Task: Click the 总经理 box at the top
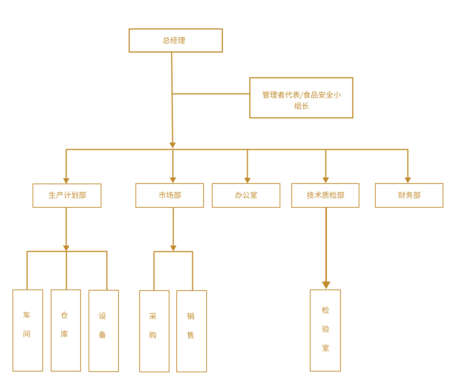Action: pyautogui.click(x=176, y=40)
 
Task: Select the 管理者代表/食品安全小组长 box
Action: pyautogui.click(x=301, y=98)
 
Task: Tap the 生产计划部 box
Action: pyautogui.click(x=67, y=196)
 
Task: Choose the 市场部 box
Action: pyautogui.click(x=169, y=196)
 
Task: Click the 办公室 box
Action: pyautogui.click(x=246, y=196)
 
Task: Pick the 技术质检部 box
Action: pyautogui.click(x=325, y=196)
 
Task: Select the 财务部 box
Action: pyautogui.click(x=409, y=196)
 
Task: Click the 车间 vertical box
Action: pyautogui.click(x=28, y=330)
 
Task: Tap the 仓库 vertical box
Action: pyautogui.click(x=66, y=330)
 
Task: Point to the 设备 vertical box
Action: pyautogui.click(x=104, y=331)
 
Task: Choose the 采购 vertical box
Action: pyautogui.click(x=154, y=331)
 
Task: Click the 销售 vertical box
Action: pyautogui.click(x=191, y=331)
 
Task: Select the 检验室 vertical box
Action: pyautogui.click(x=325, y=330)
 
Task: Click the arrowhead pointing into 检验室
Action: pyautogui.click(x=326, y=285)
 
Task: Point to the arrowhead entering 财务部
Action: pyautogui.click(x=408, y=180)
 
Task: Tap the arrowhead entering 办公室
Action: pyautogui.click(x=247, y=180)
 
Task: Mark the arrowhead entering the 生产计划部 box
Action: pyautogui.click(x=66, y=180)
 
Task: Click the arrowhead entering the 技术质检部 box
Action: pyautogui.click(x=326, y=180)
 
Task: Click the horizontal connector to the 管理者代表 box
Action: pyautogui.click(x=211, y=94)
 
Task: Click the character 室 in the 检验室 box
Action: pyautogui.click(x=326, y=348)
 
